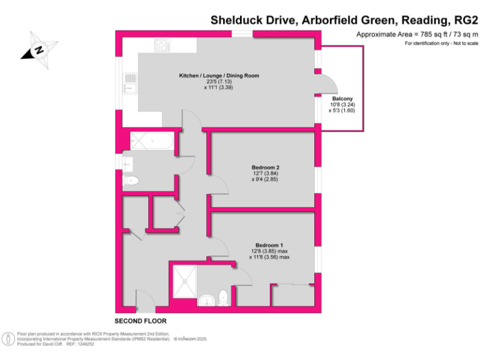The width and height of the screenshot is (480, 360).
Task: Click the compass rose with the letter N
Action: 39,50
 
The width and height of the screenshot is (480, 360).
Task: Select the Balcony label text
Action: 342,99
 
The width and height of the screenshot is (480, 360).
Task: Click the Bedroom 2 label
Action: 265,167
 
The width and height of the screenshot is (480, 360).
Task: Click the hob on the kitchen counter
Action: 162,45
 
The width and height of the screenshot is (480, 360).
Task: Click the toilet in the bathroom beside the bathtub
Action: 131,181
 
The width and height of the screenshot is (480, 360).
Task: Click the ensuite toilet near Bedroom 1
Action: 224,298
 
